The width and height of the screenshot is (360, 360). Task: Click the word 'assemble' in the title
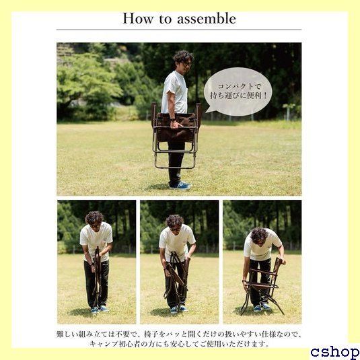pos(207,19)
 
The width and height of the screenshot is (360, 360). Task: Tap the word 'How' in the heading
pos(138,19)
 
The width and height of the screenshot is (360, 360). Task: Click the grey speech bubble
pos(238,92)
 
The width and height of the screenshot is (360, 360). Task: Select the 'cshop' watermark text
pos(334,352)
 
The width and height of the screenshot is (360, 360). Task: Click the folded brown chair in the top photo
pos(176,135)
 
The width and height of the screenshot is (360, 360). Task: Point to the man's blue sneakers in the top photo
pos(180,185)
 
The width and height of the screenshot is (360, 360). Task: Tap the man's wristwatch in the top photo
pos(173,120)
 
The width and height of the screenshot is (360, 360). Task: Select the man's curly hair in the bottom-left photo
pos(94,217)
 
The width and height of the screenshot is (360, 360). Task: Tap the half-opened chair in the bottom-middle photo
pos(176,279)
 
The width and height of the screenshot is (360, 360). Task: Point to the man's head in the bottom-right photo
pos(259,236)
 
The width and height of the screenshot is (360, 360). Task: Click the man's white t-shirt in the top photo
pos(175,92)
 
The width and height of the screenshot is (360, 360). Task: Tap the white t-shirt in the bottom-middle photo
pos(176,240)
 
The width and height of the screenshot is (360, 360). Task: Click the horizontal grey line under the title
pos(179,30)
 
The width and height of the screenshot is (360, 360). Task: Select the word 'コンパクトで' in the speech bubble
pos(239,87)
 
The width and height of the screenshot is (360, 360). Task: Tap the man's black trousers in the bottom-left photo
pos(96,283)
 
